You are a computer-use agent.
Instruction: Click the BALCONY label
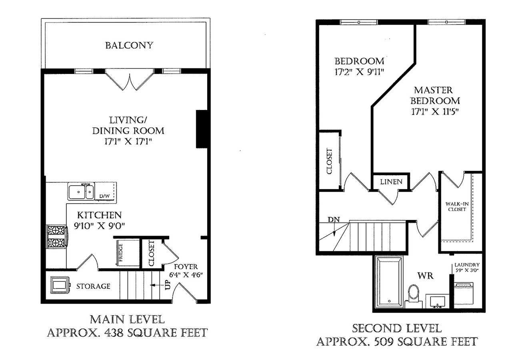click(x=129, y=45)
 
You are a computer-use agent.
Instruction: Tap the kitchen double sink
click(x=81, y=192)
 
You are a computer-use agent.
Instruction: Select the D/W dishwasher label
click(x=104, y=196)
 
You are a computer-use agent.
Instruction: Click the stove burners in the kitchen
click(x=56, y=236)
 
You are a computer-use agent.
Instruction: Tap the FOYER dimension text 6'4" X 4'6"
click(x=186, y=275)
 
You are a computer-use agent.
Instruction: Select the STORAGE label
click(x=93, y=286)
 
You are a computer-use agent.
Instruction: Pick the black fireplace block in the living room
click(x=202, y=129)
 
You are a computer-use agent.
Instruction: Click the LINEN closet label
click(x=391, y=182)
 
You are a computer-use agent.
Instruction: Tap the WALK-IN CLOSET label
click(x=457, y=206)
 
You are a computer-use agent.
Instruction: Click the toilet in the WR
click(x=414, y=296)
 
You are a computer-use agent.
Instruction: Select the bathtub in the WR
click(x=389, y=282)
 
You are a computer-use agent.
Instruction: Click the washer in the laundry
click(x=463, y=294)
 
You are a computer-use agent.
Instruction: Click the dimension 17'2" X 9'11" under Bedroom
click(x=359, y=72)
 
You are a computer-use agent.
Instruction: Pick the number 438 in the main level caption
click(x=114, y=333)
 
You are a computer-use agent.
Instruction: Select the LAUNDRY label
click(x=467, y=265)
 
